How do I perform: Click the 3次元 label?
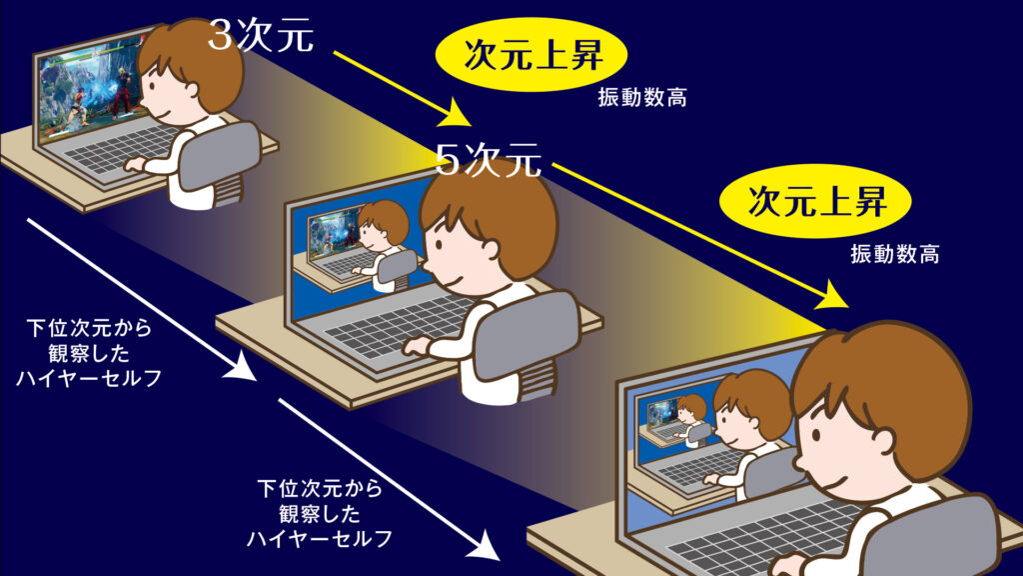261,35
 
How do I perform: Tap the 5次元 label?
488,159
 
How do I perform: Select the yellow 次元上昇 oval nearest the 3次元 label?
531,55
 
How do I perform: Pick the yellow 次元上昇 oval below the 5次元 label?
815,201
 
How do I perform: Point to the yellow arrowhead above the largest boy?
833,296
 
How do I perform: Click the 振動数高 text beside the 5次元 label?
642,98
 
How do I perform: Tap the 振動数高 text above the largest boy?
894,254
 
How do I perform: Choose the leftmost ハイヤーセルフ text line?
89,378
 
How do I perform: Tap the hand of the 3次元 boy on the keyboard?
135,163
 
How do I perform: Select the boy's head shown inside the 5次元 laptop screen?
383,223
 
